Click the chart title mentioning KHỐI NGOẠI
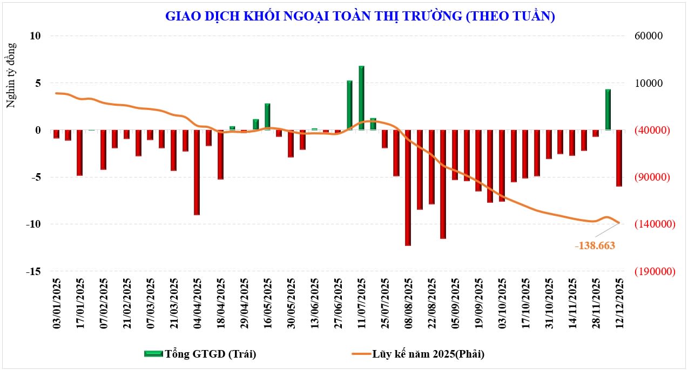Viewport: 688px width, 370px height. pyautogui.click(x=360, y=16)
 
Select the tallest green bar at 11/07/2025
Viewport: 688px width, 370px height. pyautogui.click(x=361, y=98)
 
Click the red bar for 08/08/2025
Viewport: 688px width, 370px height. pyautogui.click(x=408, y=188)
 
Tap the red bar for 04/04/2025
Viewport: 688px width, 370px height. pyautogui.click(x=197, y=173)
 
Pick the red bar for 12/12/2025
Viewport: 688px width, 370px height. pyautogui.click(x=619, y=158)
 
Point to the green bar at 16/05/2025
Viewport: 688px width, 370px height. pyautogui.click(x=267, y=117)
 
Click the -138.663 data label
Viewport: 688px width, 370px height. pyautogui.click(x=595, y=245)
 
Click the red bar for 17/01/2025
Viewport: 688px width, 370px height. pyautogui.click(x=79, y=153)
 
